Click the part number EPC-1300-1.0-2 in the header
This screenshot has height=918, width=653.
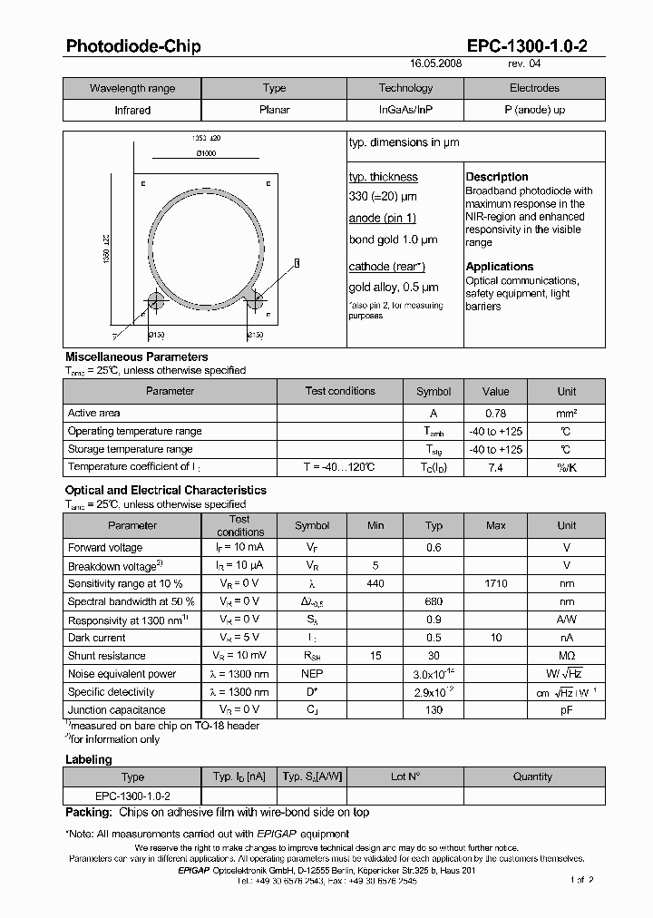coord(527,46)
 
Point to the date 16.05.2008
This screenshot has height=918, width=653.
coord(436,65)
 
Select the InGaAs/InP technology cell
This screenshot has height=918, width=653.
coord(405,110)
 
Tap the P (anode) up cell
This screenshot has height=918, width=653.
coord(534,110)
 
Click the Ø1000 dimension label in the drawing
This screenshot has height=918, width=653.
coord(206,153)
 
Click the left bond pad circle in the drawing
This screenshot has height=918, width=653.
coord(154,300)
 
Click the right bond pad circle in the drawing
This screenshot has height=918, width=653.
coord(257,300)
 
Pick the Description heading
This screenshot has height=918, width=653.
coord(497,177)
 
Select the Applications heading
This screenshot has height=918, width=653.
coord(500,267)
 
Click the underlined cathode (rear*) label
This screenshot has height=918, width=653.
coord(386,267)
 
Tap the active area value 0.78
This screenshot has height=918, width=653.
coord(495,413)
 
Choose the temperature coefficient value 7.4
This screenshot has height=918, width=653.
coord(495,467)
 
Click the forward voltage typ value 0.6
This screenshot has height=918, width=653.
coord(434,548)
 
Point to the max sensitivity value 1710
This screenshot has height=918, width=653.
coord(496,584)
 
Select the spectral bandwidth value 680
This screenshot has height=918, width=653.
coord(434,601)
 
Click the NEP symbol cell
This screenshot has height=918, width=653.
coord(312,674)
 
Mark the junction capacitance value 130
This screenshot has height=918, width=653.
coord(434,710)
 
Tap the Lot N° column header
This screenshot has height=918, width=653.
coord(405,776)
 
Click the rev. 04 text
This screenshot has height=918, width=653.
coord(525,65)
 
